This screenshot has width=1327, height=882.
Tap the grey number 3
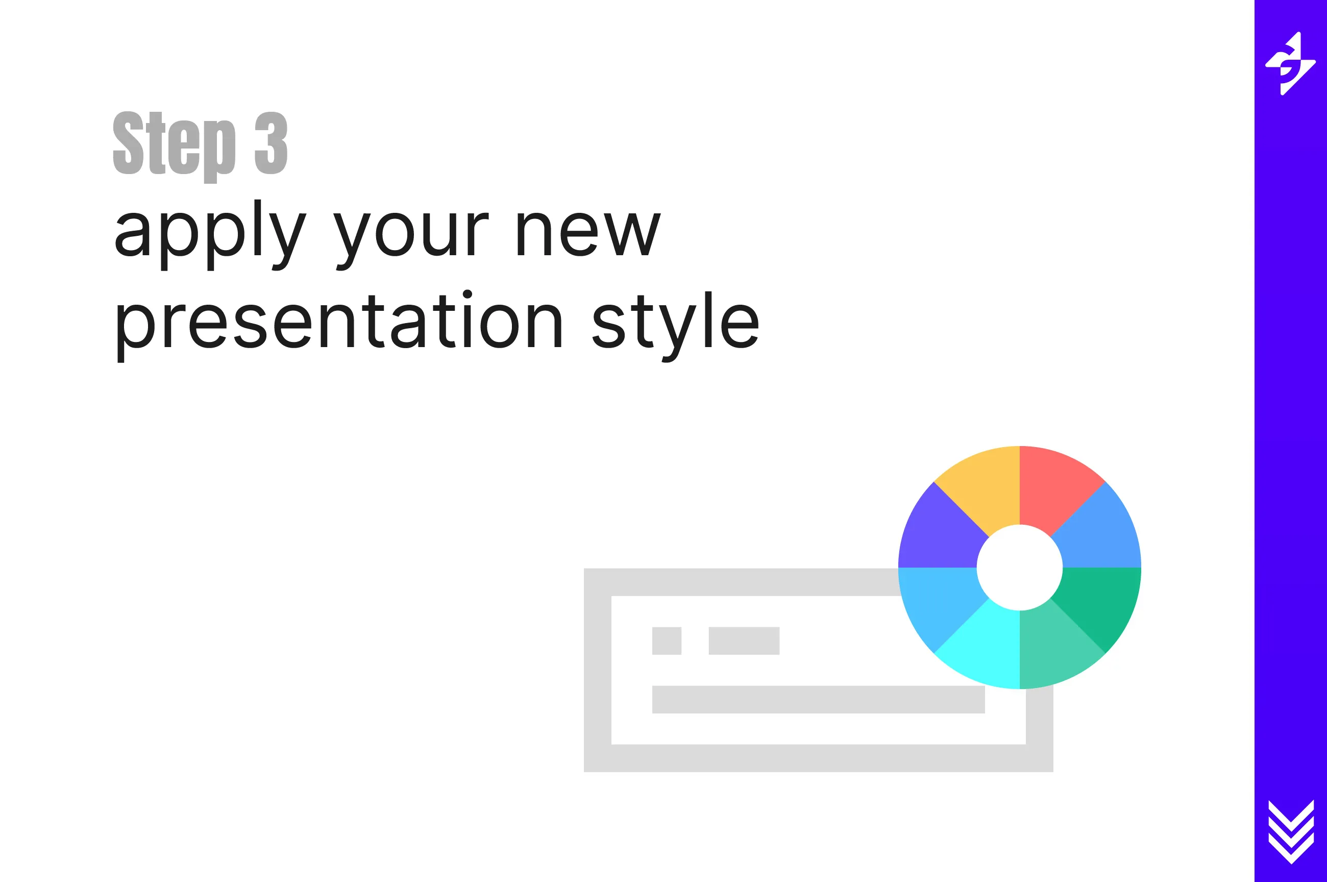click(271, 143)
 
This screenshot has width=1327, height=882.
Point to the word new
click(588, 234)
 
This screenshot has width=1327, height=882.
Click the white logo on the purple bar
click(1290, 64)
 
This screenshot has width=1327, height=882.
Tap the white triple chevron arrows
click(1291, 831)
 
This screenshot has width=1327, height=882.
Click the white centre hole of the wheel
click(1019, 567)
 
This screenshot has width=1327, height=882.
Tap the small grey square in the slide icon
click(667, 641)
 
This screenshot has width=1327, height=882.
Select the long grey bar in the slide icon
click(818, 699)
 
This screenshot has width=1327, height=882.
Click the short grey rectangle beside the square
click(744, 641)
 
